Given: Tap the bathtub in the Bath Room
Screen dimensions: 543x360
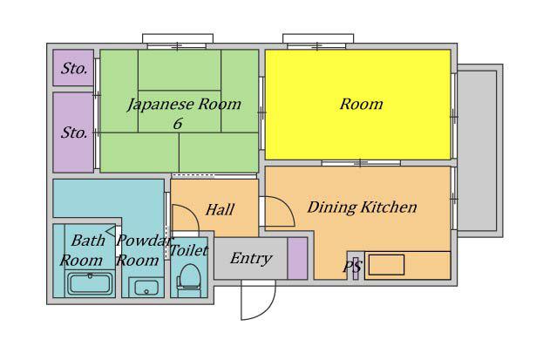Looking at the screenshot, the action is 90,283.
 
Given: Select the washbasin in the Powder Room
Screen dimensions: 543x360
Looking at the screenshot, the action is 146,288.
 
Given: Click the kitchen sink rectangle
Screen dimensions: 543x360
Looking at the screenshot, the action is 386,265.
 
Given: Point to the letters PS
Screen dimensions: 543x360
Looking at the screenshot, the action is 352,267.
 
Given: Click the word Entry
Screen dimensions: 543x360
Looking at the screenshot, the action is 251,259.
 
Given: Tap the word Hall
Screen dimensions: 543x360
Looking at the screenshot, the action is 220,209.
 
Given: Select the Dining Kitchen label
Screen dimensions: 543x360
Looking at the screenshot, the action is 362,207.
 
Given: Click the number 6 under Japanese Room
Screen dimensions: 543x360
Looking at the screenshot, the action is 178,124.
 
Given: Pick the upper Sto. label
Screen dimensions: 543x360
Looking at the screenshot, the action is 74,69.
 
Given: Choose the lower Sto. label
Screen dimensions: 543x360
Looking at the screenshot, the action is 74,132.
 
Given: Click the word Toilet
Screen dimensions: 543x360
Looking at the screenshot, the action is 189,250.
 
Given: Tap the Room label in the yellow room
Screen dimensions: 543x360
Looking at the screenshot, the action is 361,104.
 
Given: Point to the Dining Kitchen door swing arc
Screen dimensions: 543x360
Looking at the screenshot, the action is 286,205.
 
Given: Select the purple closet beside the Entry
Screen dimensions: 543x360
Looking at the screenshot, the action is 297,258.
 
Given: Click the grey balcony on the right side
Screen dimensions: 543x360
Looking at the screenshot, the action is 480,151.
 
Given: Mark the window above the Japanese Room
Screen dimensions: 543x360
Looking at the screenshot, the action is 178,41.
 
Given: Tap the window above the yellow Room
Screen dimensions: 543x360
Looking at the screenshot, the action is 318,41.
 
